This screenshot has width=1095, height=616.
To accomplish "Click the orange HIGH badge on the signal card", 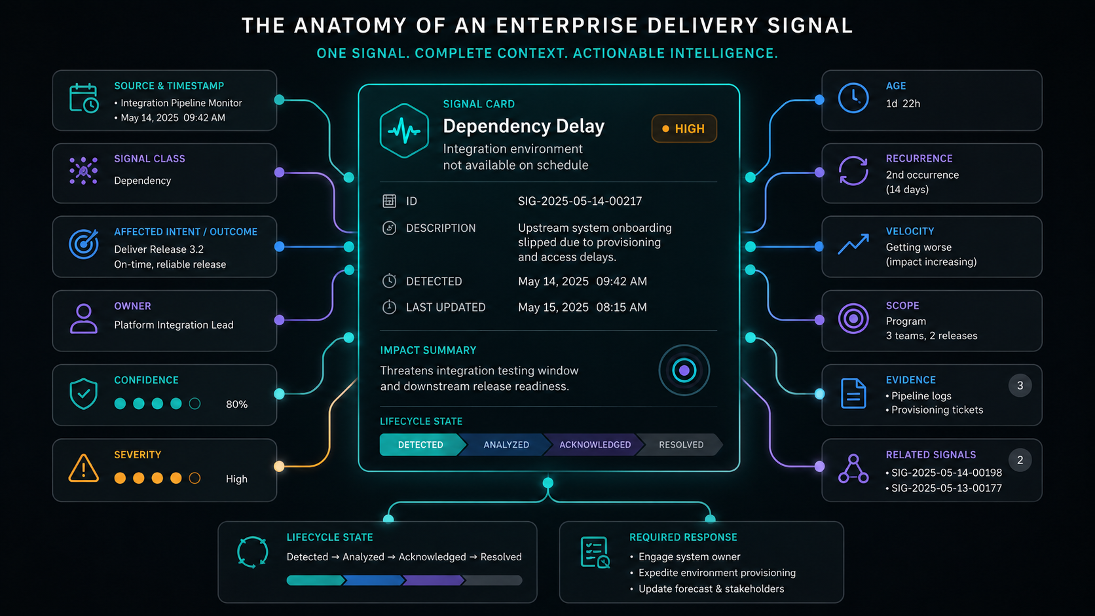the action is tap(684, 128).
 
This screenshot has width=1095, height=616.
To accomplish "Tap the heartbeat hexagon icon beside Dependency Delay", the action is tap(404, 130).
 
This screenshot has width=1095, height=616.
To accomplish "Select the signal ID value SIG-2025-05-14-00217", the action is tap(580, 201).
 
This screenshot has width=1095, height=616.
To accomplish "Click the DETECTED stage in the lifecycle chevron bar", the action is tap(421, 444).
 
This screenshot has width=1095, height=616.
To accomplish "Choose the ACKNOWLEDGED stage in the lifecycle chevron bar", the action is tap(595, 444).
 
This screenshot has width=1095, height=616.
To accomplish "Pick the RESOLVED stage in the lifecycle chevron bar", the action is tap(681, 444).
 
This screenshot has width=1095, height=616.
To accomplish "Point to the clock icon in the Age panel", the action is tap(853, 98).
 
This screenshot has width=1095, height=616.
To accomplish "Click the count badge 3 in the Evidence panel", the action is tap(1020, 386).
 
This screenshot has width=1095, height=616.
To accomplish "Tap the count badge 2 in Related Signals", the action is tap(1020, 460).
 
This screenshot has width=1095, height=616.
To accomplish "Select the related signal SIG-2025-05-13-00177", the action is tap(946, 488).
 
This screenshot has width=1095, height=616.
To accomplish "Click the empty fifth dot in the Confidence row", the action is tap(195, 403).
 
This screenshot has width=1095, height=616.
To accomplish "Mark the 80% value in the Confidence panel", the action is tap(236, 404).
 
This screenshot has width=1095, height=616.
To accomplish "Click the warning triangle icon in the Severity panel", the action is tap(84, 468).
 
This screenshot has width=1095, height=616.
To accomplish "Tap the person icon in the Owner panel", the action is tap(84, 319).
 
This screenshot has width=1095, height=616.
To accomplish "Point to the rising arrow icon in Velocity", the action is tap(853, 244).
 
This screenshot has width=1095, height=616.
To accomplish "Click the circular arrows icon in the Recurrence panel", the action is tap(853, 171).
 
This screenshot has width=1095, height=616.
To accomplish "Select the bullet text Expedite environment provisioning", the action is tap(716, 573).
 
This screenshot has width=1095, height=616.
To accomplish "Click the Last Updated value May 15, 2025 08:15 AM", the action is tap(582, 307).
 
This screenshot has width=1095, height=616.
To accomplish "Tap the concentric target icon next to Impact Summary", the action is tap(684, 371).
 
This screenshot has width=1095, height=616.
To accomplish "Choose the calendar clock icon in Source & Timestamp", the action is tap(84, 98).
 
